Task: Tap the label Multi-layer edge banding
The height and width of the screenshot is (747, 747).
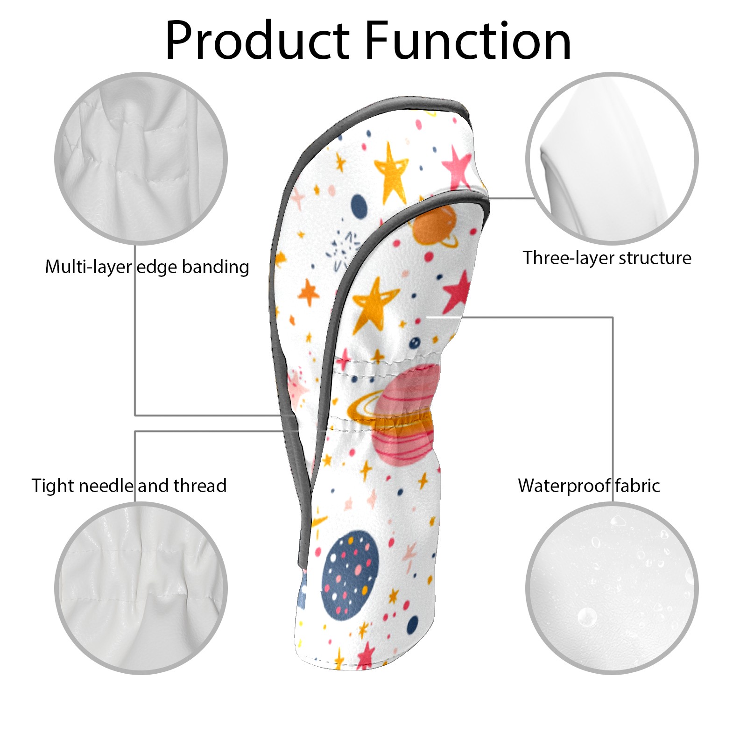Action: (147, 267)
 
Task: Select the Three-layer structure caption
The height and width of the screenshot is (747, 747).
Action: (606, 258)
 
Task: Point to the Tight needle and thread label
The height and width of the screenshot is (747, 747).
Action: (129, 486)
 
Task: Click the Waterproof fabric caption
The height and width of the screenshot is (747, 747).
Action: (589, 486)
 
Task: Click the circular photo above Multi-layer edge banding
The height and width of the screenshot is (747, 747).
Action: (141, 158)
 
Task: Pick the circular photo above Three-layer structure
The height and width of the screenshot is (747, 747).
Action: (612, 158)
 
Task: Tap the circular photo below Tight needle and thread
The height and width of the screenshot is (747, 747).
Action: (141, 588)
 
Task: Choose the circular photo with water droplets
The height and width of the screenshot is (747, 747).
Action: (612, 588)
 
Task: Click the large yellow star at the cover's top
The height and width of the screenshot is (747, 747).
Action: (391, 173)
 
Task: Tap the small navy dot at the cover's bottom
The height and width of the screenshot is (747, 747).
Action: (413, 625)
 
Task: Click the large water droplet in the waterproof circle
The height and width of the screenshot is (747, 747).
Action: (587, 617)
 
